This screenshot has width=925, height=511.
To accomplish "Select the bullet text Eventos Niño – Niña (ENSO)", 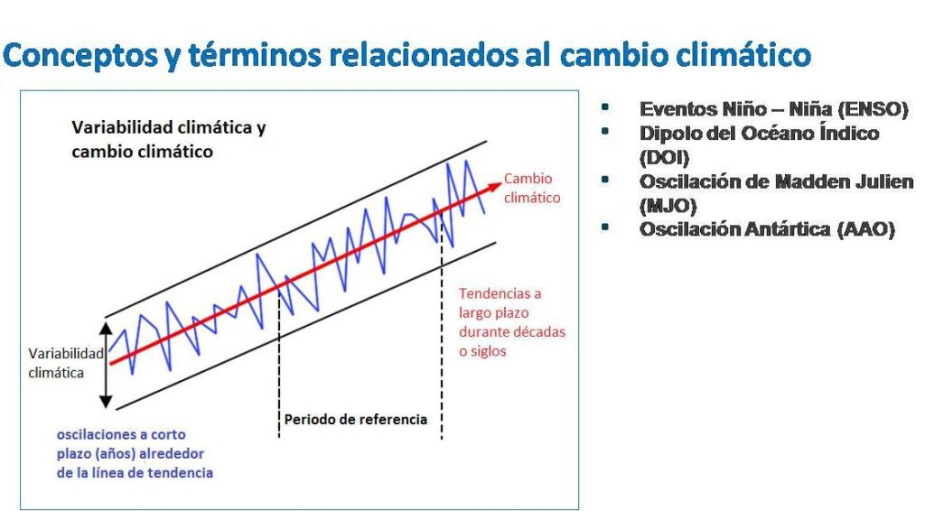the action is point(773,109).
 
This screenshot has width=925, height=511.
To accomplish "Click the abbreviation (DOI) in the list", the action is point(664,157).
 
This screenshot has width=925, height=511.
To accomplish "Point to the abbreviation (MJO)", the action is point(668,206).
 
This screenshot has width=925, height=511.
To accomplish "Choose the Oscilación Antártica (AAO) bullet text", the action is point(767,229).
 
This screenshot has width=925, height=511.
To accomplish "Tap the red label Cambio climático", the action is point(531,188).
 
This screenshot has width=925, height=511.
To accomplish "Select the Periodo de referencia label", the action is point(356,419).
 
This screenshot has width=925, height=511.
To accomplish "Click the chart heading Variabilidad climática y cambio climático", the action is point(169,139).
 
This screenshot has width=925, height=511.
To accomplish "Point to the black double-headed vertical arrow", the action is point(106,365).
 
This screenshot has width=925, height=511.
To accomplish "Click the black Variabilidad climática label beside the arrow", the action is point(65,363).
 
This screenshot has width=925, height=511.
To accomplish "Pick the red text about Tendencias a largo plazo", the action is point(512,322).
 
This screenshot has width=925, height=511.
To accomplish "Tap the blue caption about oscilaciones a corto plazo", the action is point(135,453).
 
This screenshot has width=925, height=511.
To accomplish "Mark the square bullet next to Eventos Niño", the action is point(604,107).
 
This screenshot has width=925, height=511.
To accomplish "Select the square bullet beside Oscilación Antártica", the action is point(604,227).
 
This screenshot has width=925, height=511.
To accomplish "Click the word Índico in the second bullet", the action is point(849,133).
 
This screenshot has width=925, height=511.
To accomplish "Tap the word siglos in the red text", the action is point(489,351).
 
